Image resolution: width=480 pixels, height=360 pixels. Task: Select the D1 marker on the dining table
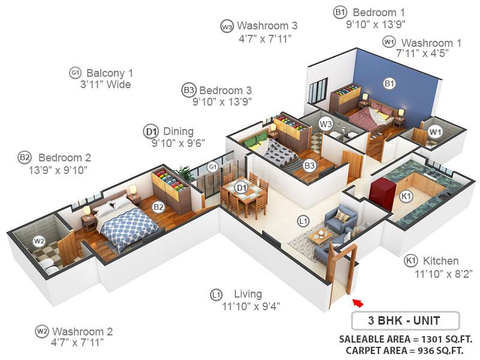coord(241,188)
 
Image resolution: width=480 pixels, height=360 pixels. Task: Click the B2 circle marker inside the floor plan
coord(158,207)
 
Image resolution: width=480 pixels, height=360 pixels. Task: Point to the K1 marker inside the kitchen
coord(406,196)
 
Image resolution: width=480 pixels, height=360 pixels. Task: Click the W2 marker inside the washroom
coord(39,241)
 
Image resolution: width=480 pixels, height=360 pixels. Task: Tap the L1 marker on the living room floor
coord(304,221)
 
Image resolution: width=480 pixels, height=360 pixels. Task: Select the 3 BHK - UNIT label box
coord(405,320)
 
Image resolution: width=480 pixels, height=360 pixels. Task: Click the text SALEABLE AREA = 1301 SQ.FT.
coord(406,338)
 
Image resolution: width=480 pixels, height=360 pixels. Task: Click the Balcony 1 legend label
coord(110,73)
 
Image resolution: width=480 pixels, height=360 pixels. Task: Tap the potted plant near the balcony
coord(185,174)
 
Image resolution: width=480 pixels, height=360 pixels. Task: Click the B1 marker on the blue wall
coord(389,83)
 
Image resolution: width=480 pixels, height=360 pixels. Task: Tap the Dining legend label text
coord(178,131)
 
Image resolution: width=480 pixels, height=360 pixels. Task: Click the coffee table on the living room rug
coord(322,235)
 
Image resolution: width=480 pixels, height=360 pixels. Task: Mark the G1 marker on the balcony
coord(212,167)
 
